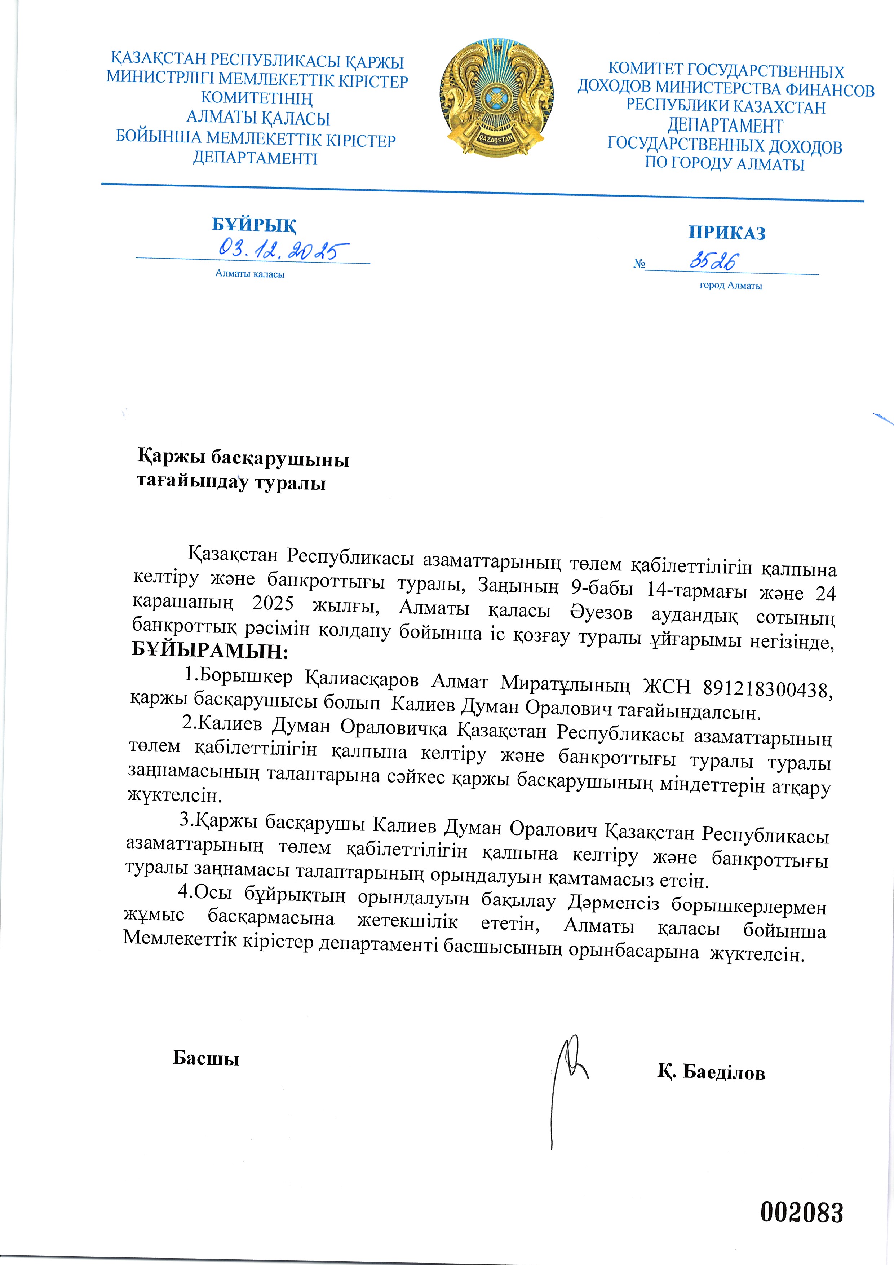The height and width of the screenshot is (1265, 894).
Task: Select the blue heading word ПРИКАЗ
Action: tap(726, 233)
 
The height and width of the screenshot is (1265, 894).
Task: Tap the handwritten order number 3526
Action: tap(713, 261)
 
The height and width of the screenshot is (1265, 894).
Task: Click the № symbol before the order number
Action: tap(639, 264)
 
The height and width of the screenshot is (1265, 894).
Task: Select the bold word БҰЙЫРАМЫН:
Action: tap(210, 651)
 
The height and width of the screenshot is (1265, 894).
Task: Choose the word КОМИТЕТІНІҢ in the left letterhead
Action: tap(257, 98)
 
